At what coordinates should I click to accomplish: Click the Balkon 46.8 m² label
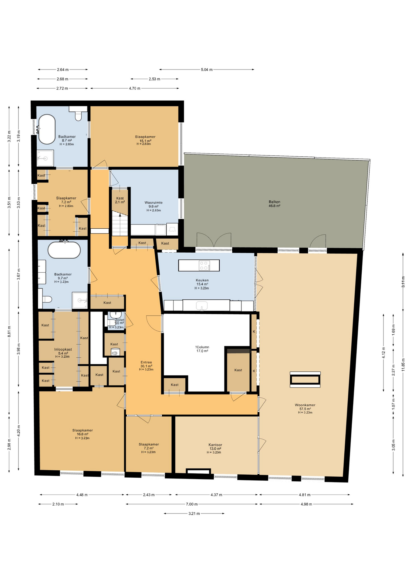[x=274, y=204]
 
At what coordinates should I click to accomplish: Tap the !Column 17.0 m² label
[x=202, y=349]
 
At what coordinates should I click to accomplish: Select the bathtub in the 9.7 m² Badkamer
[x=64, y=250]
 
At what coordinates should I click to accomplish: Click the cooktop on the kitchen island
[x=204, y=266]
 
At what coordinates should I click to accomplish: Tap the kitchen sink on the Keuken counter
[x=202, y=305]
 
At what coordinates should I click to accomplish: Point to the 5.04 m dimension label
[x=207, y=70]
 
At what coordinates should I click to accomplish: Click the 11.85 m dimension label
[x=403, y=367]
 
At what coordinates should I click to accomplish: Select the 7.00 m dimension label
[x=192, y=504]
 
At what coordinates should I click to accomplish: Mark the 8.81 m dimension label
[x=9, y=331]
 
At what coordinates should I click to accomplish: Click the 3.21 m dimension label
[x=194, y=513]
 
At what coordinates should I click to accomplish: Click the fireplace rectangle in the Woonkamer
[x=305, y=380]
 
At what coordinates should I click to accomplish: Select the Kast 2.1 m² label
[x=120, y=200]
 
